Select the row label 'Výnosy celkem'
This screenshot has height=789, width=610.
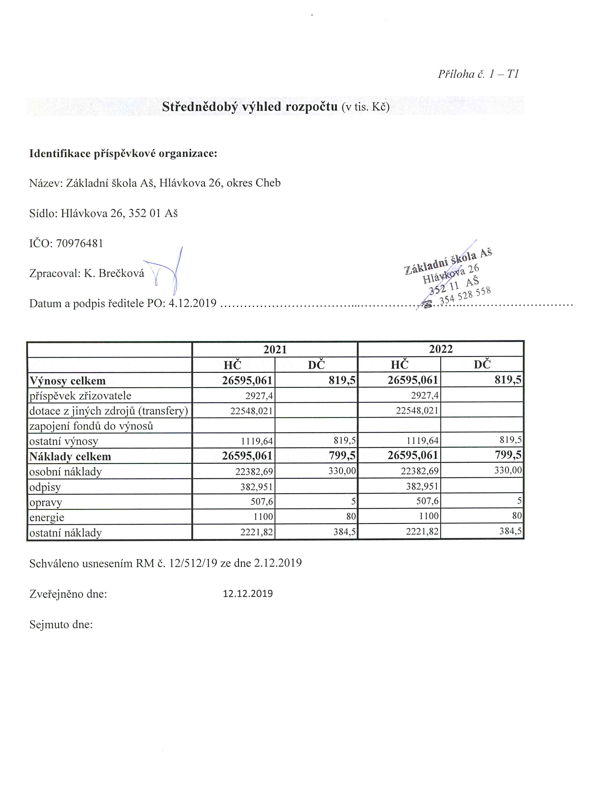[x=67, y=381]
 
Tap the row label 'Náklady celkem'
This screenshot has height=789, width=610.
[x=70, y=457]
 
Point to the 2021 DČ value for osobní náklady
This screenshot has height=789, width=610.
[x=342, y=471]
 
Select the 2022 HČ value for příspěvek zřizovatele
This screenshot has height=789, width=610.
[x=425, y=396]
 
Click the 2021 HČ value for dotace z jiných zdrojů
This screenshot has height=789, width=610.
[x=251, y=411]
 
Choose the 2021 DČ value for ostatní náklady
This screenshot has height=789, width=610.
[x=344, y=531]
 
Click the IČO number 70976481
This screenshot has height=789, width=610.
[x=80, y=243]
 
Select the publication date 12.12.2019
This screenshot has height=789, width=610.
[x=248, y=594]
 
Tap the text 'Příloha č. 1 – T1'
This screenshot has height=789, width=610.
[x=478, y=74]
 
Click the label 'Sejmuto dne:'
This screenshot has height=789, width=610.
[x=61, y=625]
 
